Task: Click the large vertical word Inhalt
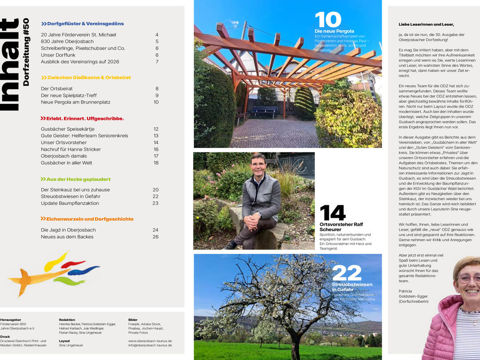click(10, 64)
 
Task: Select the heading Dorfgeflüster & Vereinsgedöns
click(82, 24)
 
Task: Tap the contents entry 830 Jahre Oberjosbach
click(67, 41)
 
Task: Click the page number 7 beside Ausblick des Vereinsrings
click(157, 62)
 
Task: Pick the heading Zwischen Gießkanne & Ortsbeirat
click(86, 77)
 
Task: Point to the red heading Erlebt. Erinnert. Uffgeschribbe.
click(82, 119)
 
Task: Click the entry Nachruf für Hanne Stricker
click(71, 149)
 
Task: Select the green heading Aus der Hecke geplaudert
click(76, 179)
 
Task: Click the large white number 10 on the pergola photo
click(328, 20)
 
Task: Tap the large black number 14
click(332, 213)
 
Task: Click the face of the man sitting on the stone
click(258, 164)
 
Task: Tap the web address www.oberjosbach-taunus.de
click(150, 341)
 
